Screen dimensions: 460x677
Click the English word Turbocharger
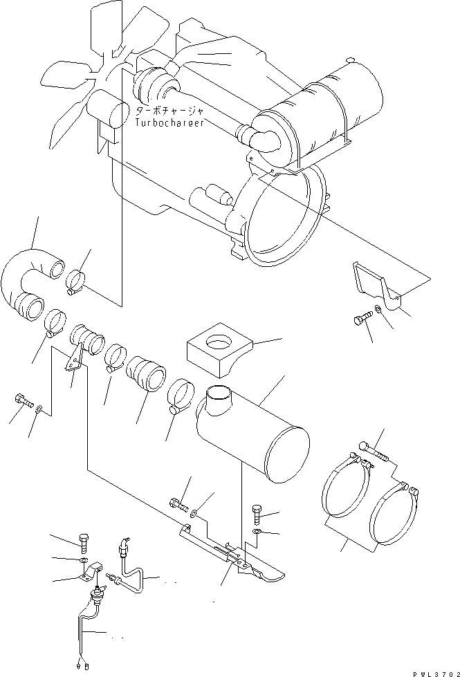169,122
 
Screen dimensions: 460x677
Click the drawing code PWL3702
436,673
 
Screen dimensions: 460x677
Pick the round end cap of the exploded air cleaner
288,454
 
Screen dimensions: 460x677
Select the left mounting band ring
347,484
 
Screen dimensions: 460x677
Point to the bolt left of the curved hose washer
24,400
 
